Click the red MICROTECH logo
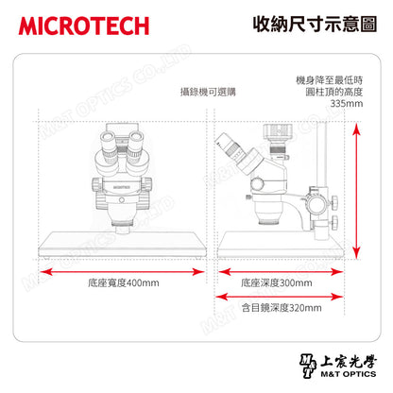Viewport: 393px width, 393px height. (x=84, y=26)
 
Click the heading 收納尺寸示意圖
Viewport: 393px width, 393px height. (x=315, y=25)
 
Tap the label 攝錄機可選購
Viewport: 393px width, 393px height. (x=208, y=92)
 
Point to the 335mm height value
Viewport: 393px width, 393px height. (x=347, y=103)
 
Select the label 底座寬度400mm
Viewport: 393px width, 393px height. (x=124, y=282)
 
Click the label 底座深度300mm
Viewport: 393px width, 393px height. (x=277, y=282)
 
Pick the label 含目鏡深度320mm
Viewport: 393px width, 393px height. (x=282, y=307)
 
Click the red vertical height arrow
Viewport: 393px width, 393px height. (x=356, y=191)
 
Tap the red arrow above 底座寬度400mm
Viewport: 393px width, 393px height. (x=122, y=271)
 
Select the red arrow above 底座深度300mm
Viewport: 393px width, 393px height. (x=281, y=271)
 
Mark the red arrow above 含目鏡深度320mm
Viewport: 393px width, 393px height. (x=280, y=297)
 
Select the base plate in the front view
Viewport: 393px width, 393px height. (x=122, y=245)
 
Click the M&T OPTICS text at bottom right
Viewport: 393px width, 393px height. (x=349, y=374)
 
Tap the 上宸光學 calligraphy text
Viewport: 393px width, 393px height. (x=349, y=362)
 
